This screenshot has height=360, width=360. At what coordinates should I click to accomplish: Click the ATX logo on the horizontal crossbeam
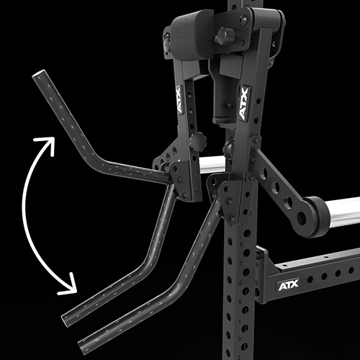tap(288, 285)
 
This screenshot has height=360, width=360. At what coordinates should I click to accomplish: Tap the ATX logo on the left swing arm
tap(179, 99)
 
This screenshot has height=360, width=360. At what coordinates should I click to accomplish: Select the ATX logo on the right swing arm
tap(244, 104)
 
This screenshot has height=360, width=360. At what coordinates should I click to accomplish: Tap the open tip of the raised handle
tap(38, 73)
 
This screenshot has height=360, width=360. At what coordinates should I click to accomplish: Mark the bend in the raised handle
tap(96, 161)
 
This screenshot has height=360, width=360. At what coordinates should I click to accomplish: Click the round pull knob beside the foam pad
tap(225, 36)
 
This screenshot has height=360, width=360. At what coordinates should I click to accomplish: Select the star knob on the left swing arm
tap(198, 142)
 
